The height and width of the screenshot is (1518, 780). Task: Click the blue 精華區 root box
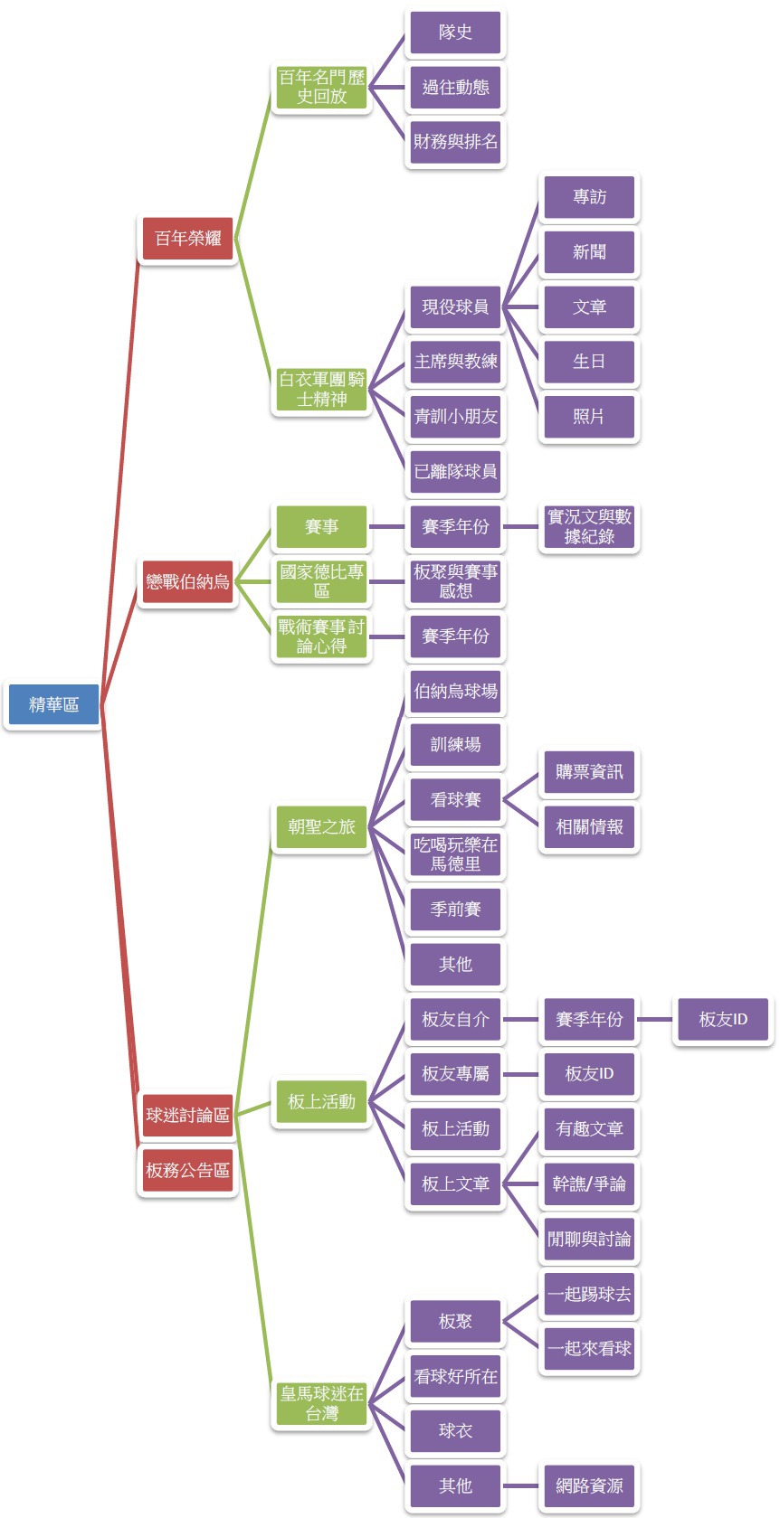pyautogui.click(x=53, y=704)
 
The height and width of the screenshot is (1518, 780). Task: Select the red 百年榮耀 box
pyautogui.click(x=187, y=238)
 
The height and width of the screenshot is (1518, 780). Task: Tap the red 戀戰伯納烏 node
pyautogui.click(x=187, y=580)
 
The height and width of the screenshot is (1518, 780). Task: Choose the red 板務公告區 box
pyautogui.click(x=187, y=1170)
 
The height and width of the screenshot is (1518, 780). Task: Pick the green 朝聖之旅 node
pyautogui.click(x=321, y=826)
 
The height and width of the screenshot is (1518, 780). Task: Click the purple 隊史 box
pyautogui.click(x=455, y=32)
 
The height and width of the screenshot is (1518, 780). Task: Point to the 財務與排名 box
pyautogui.click(x=455, y=142)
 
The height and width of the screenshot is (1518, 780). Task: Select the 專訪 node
pyautogui.click(x=589, y=196)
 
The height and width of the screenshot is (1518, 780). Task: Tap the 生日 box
pyautogui.click(x=589, y=362)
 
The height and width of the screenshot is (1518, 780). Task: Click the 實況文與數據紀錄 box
pyautogui.click(x=589, y=526)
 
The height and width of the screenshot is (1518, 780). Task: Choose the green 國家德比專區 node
pyautogui.click(x=321, y=580)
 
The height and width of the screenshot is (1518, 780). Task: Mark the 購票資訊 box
pyautogui.click(x=589, y=771)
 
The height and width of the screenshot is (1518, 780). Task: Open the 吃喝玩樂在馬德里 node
pyautogui.click(x=455, y=853)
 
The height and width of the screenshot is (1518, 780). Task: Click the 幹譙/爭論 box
pyautogui.click(x=589, y=1183)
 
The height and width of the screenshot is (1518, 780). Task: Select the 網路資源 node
pyautogui.click(x=589, y=1485)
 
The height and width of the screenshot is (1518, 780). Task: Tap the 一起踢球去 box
pyautogui.click(x=589, y=1294)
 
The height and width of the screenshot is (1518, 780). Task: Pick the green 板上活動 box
pyautogui.click(x=321, y=1101)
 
